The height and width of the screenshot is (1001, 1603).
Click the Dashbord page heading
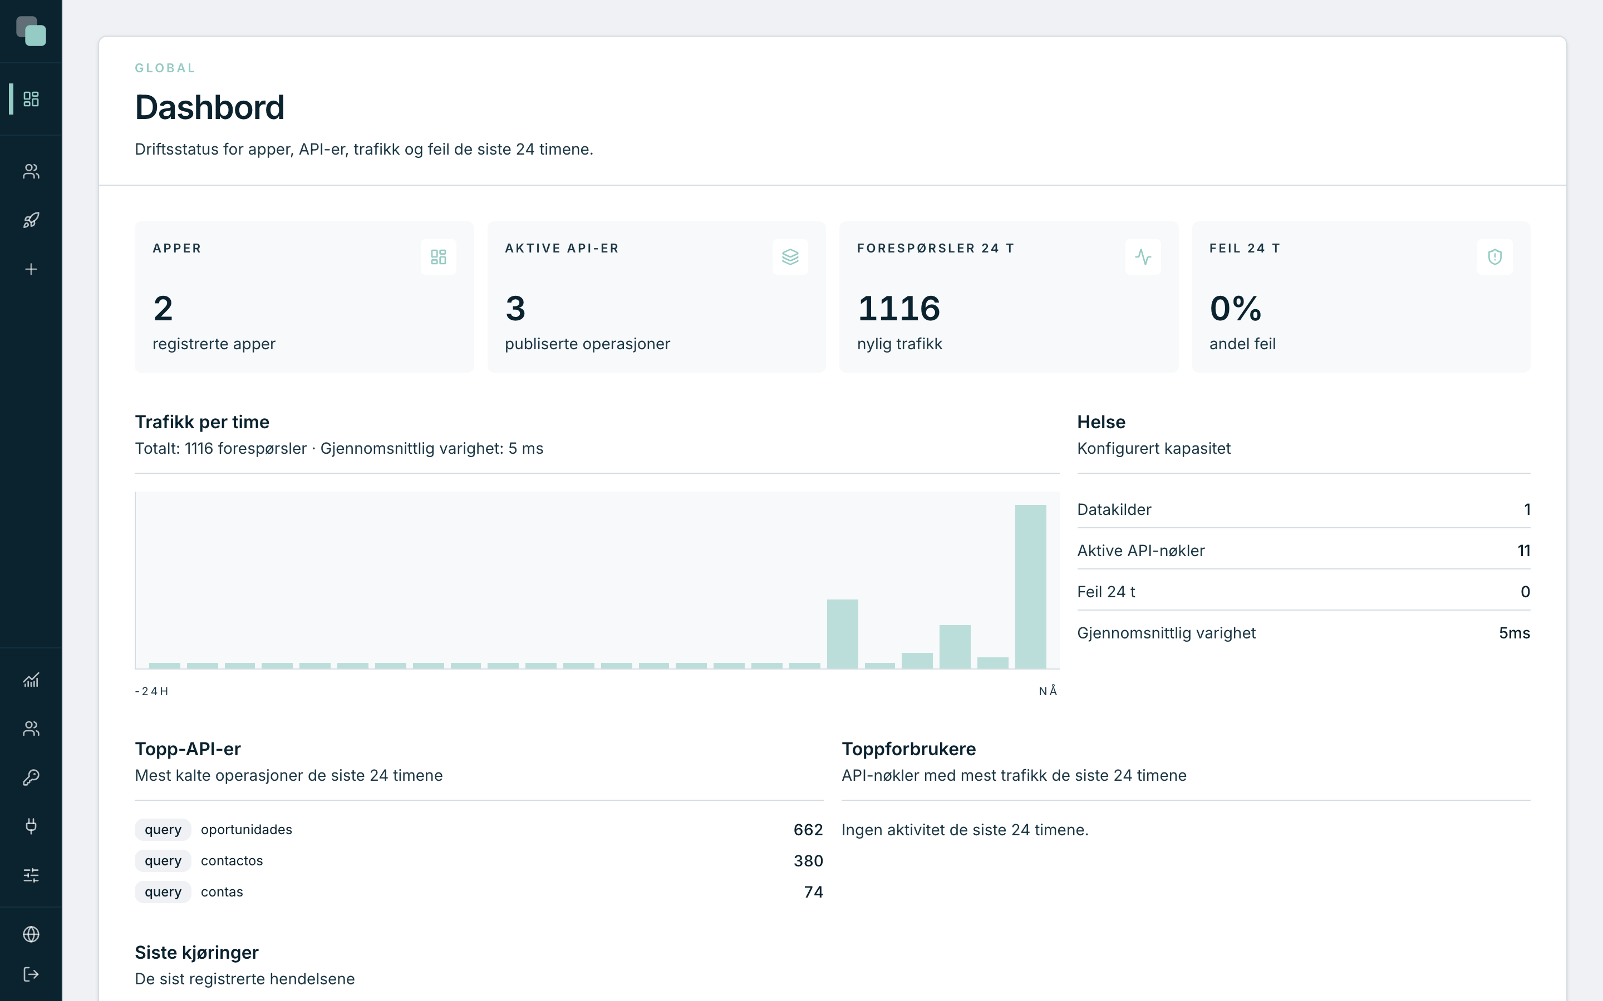209,107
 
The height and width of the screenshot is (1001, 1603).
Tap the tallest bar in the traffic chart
1030,587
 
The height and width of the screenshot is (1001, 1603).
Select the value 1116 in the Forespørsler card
898,309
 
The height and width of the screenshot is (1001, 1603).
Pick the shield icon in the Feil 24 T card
1494,257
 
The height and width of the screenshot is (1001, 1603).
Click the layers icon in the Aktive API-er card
790,257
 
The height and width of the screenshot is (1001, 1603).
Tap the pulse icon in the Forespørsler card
1143,257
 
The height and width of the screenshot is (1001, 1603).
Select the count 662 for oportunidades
808,830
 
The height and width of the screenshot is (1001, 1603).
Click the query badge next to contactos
163,861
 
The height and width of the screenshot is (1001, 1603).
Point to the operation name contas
222,892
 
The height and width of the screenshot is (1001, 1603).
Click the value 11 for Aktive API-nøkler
1523,551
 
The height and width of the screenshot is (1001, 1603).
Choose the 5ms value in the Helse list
1515,633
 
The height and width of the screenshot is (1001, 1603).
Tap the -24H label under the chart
152,691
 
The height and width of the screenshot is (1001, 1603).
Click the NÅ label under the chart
1048,691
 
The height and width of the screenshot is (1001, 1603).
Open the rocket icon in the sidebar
31,220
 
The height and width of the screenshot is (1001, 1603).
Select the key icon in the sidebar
31,777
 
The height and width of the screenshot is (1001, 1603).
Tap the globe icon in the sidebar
31,934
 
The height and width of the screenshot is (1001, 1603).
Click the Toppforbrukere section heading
908,749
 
